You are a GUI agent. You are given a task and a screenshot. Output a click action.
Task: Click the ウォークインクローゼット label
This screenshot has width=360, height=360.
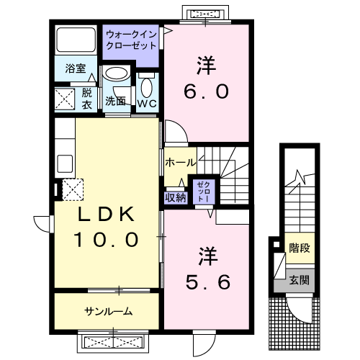click(x=130, y=39)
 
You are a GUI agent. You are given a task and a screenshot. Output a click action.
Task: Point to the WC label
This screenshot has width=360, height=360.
click(x=148, y=103)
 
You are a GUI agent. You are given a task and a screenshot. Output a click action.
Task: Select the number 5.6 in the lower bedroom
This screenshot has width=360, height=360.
click(x=208, y=282)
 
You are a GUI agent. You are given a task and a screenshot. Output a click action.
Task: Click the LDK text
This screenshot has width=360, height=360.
click(x=107, y=215)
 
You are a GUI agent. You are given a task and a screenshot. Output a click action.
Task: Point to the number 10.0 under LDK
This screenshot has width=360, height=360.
click(x=107, y=240)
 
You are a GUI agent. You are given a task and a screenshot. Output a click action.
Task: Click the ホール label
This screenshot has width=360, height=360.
click(x=180, y=162)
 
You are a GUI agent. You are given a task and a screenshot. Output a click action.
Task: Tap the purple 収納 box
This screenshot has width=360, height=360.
click(x=176, y=197)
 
